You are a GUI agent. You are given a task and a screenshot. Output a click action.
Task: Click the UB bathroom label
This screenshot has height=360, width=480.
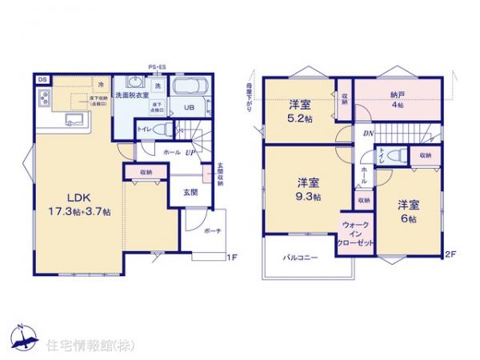click(190, 108)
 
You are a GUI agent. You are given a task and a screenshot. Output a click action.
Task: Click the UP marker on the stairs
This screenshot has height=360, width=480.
click(191, 151)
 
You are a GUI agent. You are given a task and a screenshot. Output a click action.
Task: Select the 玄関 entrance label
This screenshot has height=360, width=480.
click(192, 192)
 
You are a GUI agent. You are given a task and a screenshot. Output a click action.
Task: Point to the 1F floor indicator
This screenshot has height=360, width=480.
click(232, 258)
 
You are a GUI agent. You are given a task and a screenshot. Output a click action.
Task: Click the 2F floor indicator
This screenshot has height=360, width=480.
click(450, 254)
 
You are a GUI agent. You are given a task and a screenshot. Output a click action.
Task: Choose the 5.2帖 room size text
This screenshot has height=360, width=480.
click(300, 116)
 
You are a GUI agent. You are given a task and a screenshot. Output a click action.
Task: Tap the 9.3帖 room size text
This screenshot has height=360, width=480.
click(307, 197)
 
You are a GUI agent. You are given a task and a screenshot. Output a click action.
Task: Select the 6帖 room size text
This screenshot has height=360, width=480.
click(410, 215)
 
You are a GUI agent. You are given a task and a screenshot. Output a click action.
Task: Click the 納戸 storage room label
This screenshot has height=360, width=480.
click(398, 93)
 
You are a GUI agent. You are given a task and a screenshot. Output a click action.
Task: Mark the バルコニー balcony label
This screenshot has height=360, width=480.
click(301, 258)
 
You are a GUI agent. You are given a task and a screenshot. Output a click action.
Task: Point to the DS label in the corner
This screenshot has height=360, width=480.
click(41, 79)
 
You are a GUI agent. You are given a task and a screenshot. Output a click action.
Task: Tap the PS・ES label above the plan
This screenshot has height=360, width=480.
click(156, 67)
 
